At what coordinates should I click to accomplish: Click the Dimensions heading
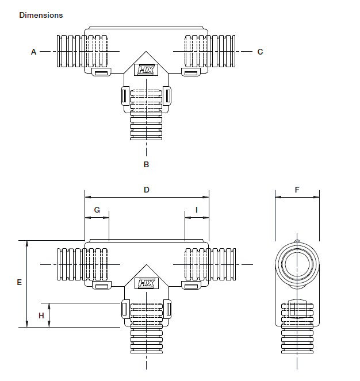point(41,15)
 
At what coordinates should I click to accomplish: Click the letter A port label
point(33,52)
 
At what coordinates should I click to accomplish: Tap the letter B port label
point(146,164)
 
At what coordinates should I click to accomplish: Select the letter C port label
point(260,52)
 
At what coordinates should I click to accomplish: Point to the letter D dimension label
point(147,189)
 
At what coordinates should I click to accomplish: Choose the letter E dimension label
point(19,282)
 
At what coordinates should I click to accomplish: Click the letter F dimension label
point(297,189)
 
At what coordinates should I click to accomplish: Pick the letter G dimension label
point(97,210)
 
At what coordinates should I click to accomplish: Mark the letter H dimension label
point(41,315)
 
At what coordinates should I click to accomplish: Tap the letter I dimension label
point(197,210)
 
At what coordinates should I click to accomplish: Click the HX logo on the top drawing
point(146,70)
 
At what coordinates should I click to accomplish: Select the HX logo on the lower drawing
point(146,283)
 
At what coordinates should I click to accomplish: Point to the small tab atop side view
point(297,241)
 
